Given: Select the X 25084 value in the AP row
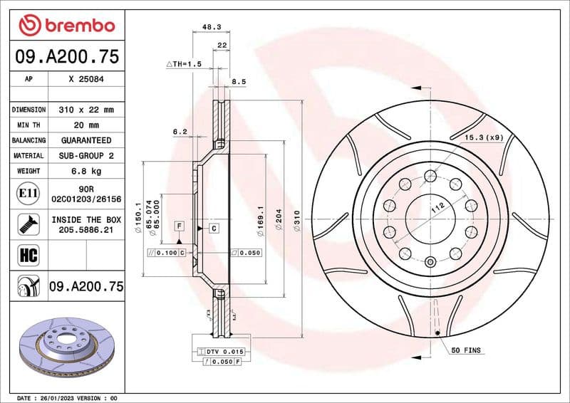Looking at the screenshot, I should pos(86,80).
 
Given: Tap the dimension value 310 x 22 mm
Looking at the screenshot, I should pos(86,110).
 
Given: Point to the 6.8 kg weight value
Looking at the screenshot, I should pos(86,171).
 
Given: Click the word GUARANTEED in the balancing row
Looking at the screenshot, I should pos(86,140).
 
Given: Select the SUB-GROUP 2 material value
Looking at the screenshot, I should pos(86,155).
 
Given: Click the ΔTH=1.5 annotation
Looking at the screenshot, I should pos(185,64).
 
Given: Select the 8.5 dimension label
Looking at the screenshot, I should pos(239,82).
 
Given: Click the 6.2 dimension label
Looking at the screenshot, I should pos(180,132).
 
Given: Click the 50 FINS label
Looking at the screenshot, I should pos(467,350).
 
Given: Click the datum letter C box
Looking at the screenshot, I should pos(214,228).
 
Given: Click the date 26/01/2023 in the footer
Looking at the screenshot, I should pos(53,397).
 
